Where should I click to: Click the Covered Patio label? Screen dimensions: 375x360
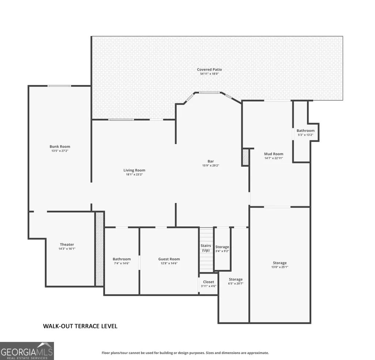point(209,70)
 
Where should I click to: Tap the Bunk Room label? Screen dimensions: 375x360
point(60,146)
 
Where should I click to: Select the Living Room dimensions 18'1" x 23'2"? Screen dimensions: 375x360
point(134,174)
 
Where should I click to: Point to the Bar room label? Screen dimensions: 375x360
point(211,162)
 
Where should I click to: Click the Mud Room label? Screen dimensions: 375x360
point(274,154)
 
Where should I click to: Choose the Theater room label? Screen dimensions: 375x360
point(67,244)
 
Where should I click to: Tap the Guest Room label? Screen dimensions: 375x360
point(169,259)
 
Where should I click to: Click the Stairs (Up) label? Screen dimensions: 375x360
point(206,248)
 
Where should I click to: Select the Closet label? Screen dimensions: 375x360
point(209,282)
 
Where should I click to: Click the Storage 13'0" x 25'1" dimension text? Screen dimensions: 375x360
point(280,267)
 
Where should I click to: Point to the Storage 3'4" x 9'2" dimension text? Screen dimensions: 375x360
point(222,251)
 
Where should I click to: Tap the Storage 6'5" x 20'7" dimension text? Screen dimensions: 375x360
point(236,284)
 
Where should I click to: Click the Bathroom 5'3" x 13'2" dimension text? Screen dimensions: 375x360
point(305,135)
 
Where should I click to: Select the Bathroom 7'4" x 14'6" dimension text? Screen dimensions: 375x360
point(122,263)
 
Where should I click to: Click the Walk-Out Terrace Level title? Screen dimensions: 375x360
point(80,326)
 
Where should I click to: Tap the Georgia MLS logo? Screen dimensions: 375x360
point(27,351)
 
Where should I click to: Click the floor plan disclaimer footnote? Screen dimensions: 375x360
point(185,353)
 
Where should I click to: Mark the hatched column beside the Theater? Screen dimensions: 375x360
point(100,249)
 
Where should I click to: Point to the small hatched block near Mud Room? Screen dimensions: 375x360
point(245,157)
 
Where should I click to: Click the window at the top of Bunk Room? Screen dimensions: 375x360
point(59,86)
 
